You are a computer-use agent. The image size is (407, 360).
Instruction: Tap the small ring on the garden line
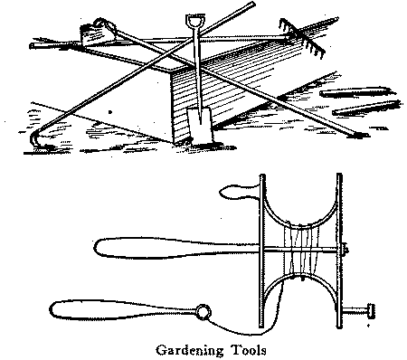[x=203, y=312]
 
